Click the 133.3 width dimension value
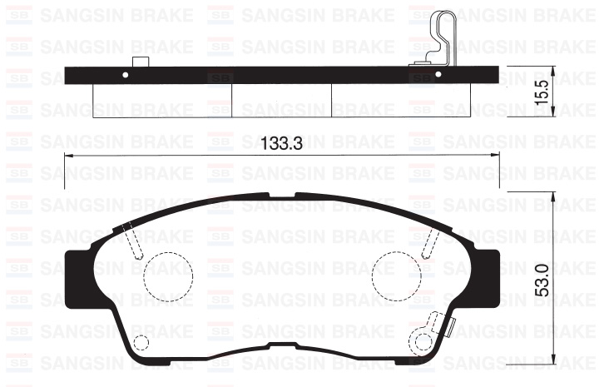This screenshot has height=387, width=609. coord(282,143)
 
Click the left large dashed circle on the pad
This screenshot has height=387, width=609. coord(168,273)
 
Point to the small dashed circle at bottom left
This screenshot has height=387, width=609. coord(141,343)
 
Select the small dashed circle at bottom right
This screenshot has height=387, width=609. coord(421,342)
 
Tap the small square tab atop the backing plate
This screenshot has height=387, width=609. coord(141,62)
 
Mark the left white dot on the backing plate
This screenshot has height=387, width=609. coord(126,75)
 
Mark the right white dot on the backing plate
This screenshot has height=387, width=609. coord(437,75)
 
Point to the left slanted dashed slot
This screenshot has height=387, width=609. coord(132,242)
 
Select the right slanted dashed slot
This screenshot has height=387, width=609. coord(430,242)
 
